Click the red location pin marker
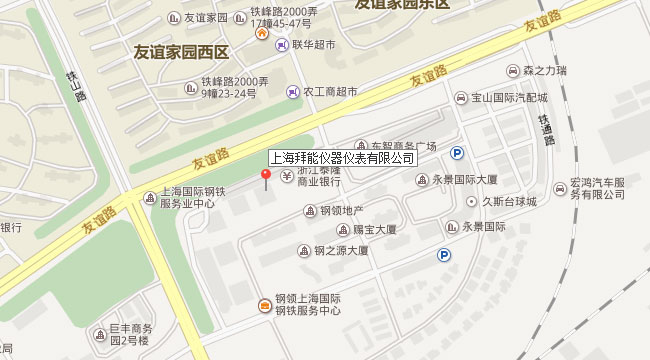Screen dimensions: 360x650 pyautogui.click(x=265, y=176)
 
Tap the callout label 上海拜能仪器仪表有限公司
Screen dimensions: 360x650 pyautogui.click(x=343, y=158)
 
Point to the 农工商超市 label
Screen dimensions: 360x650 pyautogui.click(x=331, y=91)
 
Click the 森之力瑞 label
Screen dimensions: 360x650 pyautogui.click(x=544, y=71)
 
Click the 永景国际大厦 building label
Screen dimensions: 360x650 pyautogui.click(x=464, y=180)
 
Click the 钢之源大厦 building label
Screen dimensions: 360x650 pyautogui.click(x=341, y=251)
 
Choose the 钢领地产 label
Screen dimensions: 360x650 pyautogui.click(x=340, y=210)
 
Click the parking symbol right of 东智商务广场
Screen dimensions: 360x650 pyautogui.click(x=458, y=153)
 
